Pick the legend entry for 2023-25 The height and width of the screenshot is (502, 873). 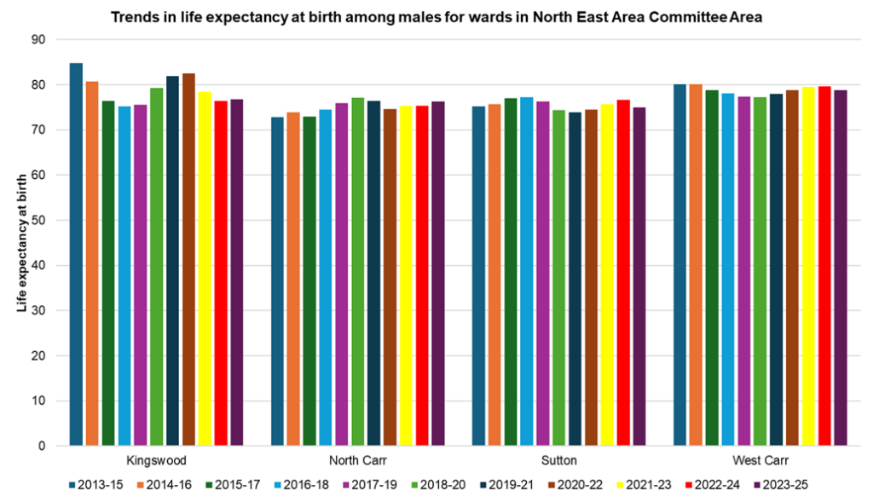point(783,485)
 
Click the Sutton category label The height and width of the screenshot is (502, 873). point(558,460)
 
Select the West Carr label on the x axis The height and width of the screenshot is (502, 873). point(760,460)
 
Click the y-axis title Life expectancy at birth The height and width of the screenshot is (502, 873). point(22,243)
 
